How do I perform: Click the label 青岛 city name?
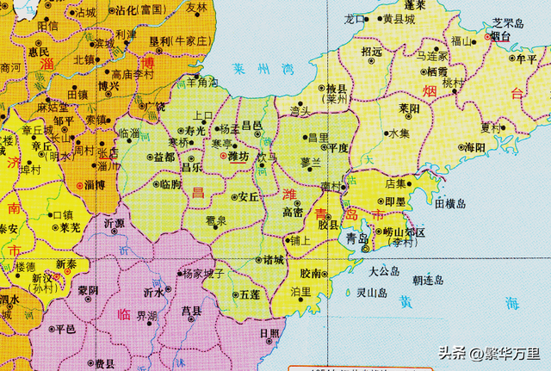point(356,238)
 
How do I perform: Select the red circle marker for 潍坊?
point(224,158)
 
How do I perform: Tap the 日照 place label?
point(269,333)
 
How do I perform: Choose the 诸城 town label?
point(272,259)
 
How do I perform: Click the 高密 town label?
point(293,212)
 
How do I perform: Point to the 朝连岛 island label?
point(428,281)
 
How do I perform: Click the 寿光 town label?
point(195,130)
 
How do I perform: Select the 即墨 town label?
point(395,201)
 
